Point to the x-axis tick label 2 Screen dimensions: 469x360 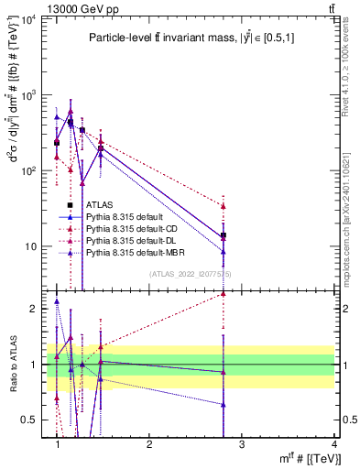click(149, 444)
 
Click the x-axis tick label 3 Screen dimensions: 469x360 click(241, 444)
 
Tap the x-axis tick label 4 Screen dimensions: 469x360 click(333, 444)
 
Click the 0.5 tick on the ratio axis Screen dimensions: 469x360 click(31, 420)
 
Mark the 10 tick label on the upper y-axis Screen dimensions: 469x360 click(29, 246)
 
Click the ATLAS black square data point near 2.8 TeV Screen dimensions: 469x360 click(224, 235)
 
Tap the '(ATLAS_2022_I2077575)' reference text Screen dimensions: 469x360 click(190, 274)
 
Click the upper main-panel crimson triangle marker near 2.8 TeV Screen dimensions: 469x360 click(224, 206)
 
